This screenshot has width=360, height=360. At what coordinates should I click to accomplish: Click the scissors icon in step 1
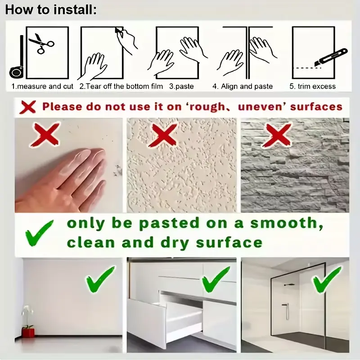tap(41, 44)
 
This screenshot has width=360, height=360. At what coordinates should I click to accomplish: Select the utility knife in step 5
tap(331, 58)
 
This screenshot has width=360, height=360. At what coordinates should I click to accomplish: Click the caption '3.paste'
tap(181, 86)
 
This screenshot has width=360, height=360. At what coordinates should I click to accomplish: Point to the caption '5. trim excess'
tap(312, 86)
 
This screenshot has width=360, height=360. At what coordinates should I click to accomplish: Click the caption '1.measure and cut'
tap(42, 86)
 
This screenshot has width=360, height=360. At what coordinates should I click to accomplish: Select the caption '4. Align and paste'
tap(243, 86)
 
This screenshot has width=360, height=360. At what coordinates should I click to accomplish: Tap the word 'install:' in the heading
tap(75, 10)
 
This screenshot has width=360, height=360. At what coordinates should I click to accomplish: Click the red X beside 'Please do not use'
tap(27, 107)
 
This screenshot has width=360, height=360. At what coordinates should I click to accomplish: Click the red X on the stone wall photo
tap(277, 135)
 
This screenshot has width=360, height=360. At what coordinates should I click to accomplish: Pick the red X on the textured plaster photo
tap(163, 135)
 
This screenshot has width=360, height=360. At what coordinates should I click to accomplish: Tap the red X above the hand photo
tap(45, 135)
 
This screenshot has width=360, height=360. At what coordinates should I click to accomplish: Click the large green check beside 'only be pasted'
tap(39, 233)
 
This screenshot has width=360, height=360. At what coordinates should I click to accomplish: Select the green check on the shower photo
tap(327, 279)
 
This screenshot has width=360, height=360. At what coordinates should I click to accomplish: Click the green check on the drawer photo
tap(216, 279)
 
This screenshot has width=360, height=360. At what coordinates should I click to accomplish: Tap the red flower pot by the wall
tap(28, 333)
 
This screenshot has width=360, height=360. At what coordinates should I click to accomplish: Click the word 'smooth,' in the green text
tap(287, 223)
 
